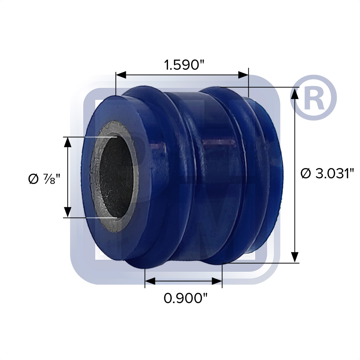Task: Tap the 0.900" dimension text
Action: (183, 298)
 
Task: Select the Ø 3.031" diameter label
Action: (327, 173)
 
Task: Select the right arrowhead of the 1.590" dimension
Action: (244, 75)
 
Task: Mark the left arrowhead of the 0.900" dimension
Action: (150, 282)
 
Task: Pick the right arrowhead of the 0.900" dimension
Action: (217, 282)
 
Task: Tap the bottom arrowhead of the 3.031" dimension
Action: (294, 257)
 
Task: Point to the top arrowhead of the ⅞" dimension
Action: (68, 142)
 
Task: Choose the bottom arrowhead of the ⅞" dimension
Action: (68, 212)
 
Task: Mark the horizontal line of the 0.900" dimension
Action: (183, 282)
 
